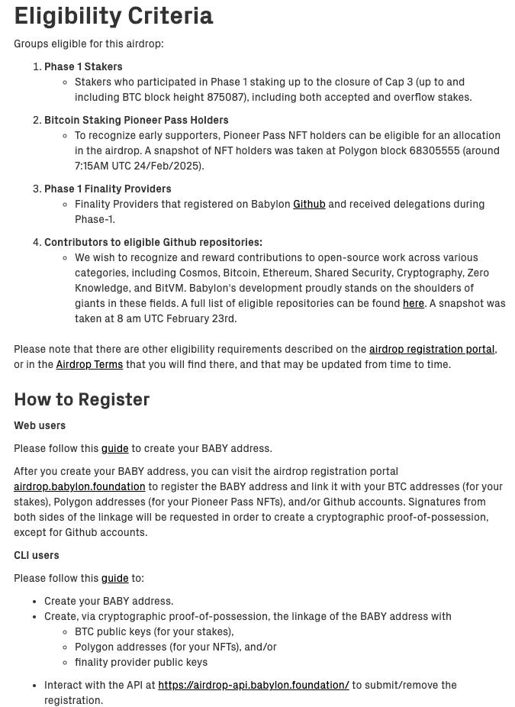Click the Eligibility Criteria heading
[x=114, y=16]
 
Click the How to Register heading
[x=82, y=399]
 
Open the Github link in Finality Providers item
[x=309, y=204]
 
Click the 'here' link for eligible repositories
[x=413, y=303]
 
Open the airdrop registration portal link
[x=431, y=349]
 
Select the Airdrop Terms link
[x=89, y=364]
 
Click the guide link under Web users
[x=114, y=448]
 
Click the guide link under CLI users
[x=114, y=578]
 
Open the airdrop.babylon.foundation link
[x=79, y=486]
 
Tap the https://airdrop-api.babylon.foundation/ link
[x=253, y=685]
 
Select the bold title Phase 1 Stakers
[x=83, y=66]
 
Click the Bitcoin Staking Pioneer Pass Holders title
[x=136, y=120]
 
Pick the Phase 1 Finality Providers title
[x=108, y=189]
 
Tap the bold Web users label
[x=40, y=425]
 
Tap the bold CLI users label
[x=37, y=555]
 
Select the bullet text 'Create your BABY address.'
[x=108, y=601]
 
